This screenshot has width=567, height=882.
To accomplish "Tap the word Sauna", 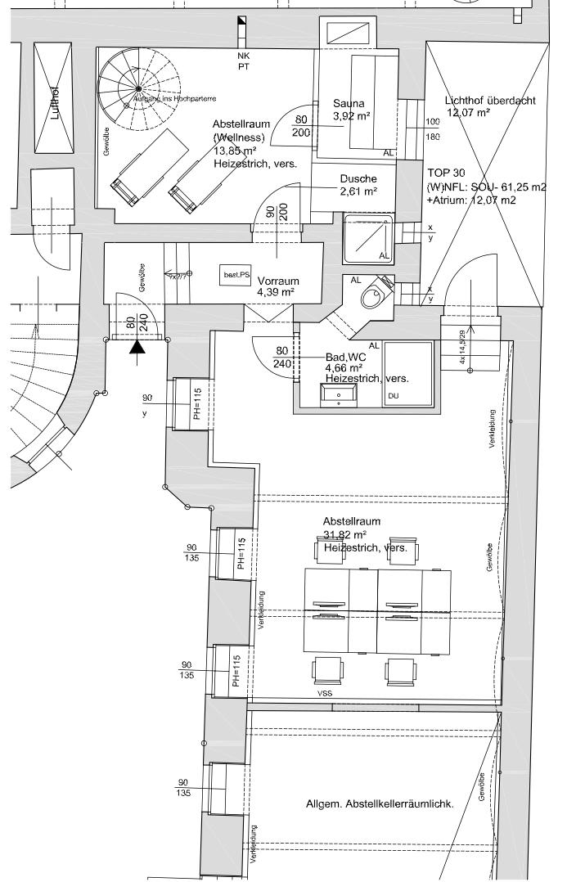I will [x=349, y=104].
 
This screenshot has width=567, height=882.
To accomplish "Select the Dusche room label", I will [x=358, y=179].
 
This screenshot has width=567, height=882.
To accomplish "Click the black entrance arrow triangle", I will [x=137, y=348].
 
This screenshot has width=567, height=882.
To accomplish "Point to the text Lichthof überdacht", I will [x=490, y=101].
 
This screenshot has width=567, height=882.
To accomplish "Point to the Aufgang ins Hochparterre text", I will [x=174, y=99].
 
